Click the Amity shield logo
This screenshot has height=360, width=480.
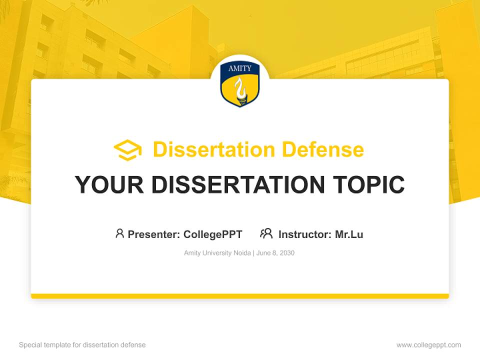[240, 84]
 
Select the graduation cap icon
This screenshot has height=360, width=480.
[127, 150]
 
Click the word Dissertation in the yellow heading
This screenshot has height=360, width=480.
[213, 149]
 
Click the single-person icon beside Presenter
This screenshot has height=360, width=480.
[119, 233]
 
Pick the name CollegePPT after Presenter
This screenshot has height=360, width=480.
[213, 234]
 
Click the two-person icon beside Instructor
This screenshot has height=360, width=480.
[266, 233]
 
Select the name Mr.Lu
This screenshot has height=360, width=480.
[349, 234]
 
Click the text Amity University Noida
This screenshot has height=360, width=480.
[217, 253]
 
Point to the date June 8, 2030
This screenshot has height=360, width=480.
[275, 253]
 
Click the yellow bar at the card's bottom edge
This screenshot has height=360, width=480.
[240, 296]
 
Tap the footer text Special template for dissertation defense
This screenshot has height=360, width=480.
[82, 345]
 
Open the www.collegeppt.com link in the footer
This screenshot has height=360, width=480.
[428, 345]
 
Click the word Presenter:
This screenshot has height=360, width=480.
[154, 234]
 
